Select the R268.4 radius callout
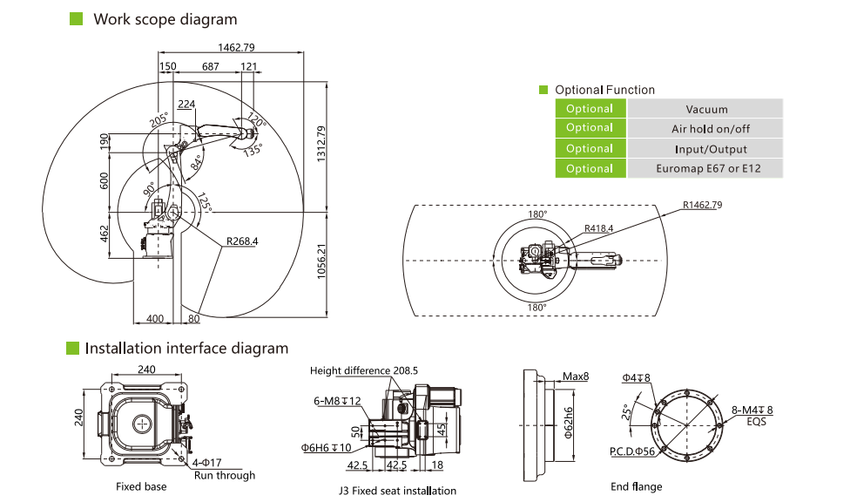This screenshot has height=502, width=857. click(243, 240)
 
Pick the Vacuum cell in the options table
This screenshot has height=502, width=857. click(705, 109)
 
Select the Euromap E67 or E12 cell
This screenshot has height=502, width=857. click(705, 168)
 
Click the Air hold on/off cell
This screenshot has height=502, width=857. click(705, 129)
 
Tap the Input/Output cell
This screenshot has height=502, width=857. click(705, 149)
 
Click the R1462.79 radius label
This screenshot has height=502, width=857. click(704, 205)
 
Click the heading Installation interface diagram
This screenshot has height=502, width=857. click(186, 349)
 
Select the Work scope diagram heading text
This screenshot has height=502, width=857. click(165, 19)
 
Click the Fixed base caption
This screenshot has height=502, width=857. click(141, 486)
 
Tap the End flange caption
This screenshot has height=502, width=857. click(636, 486)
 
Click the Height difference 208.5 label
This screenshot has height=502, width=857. click(363, 370)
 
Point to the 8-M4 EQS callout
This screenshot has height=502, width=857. click(752, 414)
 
